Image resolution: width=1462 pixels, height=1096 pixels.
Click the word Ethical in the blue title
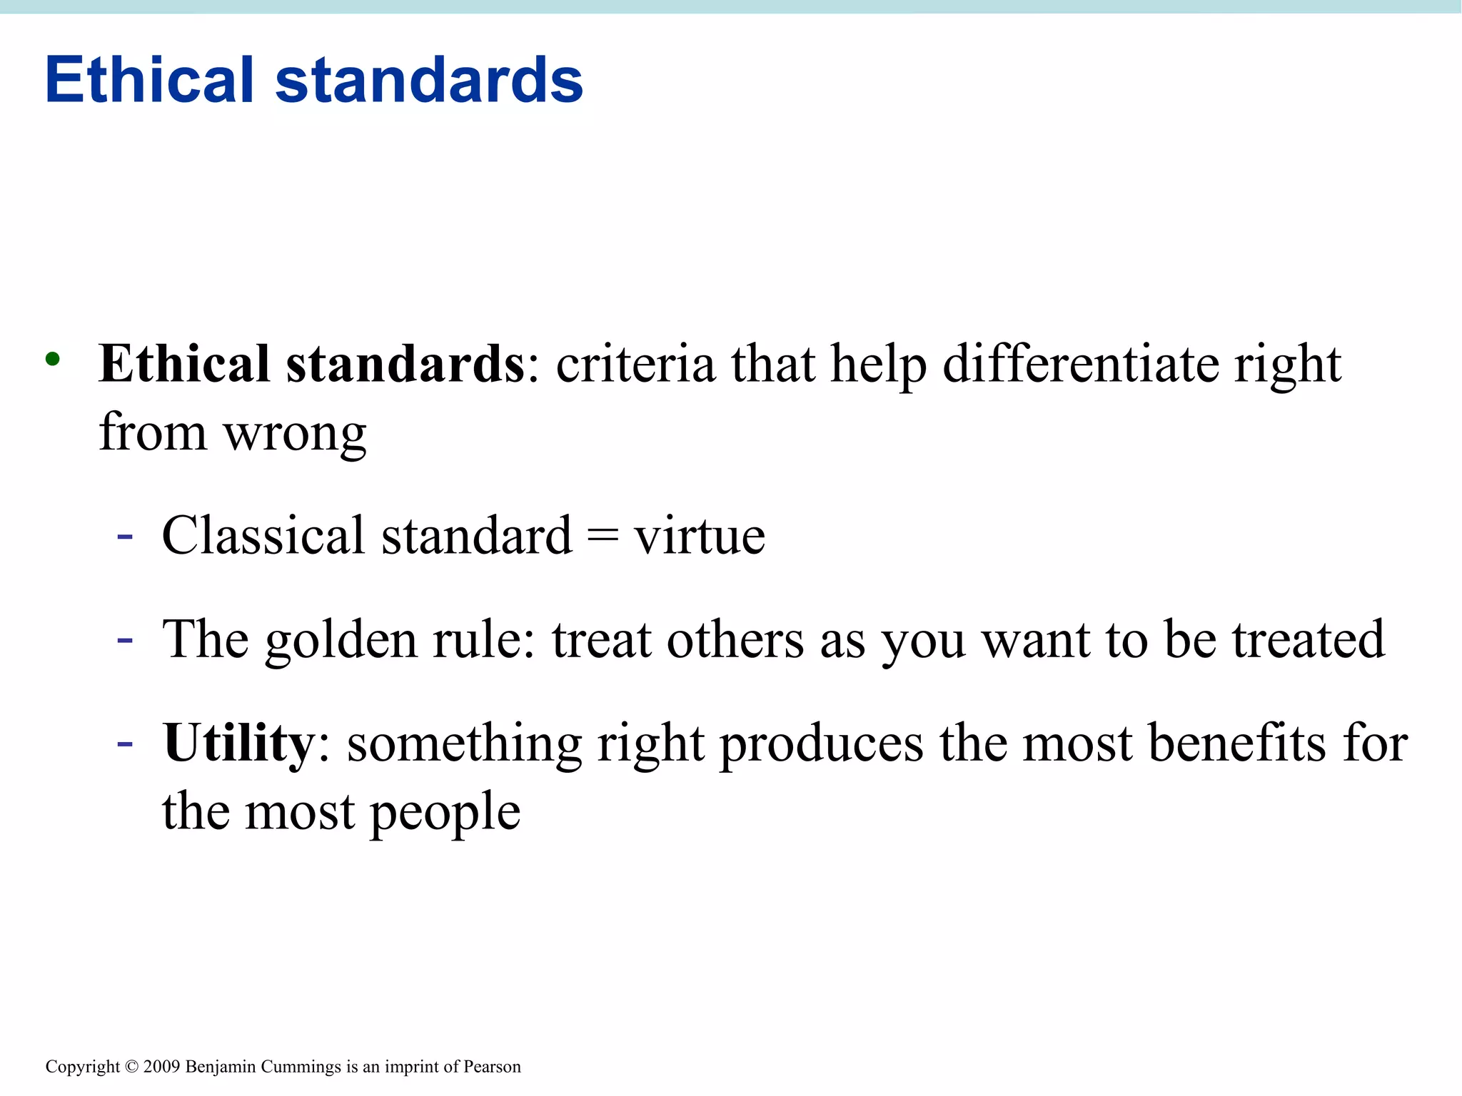point(149,79)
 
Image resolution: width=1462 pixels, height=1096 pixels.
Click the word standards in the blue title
point(429,79)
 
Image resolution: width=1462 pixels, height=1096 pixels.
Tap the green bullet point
point(52,359)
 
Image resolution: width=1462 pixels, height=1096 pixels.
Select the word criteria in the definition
point(635,364)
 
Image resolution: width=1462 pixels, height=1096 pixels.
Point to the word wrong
point(295,435)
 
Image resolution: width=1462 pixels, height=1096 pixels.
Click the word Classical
point(263,535)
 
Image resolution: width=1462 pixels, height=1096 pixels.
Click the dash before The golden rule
point(125,639)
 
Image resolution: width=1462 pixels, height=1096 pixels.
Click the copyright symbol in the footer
point(131,1067)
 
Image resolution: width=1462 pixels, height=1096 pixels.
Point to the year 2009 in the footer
point(162,1067)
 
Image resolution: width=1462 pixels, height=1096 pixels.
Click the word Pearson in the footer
point(492,1067)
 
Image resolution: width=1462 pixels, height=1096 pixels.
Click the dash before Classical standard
point(125,536)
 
